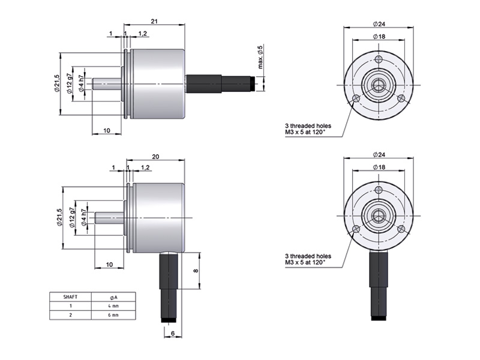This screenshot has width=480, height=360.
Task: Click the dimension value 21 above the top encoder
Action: (154, 21)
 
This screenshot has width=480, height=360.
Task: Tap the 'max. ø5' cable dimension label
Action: (260, 57)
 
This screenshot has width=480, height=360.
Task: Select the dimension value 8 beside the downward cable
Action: (196, 271)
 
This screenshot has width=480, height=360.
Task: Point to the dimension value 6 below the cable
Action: (172, 334)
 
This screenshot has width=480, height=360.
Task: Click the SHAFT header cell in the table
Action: (70, 297)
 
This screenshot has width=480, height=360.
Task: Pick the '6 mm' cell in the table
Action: (113, 315)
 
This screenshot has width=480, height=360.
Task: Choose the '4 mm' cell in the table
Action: (113, 306)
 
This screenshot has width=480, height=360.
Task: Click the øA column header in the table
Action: (113, 297)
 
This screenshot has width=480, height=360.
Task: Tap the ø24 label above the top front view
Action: (379, 23)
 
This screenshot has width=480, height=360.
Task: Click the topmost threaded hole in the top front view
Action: (378, 59)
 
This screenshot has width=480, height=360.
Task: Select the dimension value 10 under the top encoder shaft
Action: (106, 130)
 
